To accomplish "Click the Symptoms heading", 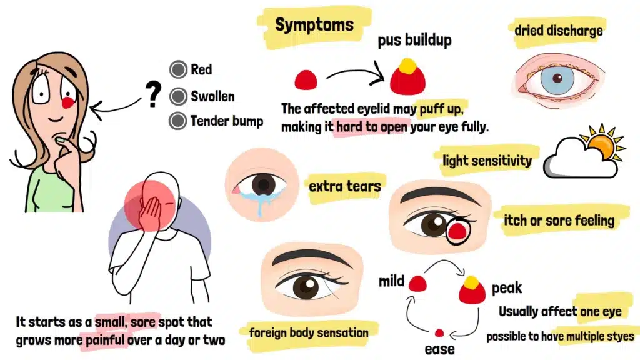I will (x=314, y=26).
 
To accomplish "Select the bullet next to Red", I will (x=179, y=69).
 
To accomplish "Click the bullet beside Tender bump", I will (x=179, y=121).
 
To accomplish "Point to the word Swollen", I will (x=212, y=96).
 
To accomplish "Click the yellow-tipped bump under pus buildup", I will (x=407, y=76).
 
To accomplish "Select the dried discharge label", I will (x=558, y=29).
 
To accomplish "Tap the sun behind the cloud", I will (x=601, y=146).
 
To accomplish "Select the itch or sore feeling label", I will (x=558, y=220).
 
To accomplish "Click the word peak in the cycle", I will (x=506, y=289).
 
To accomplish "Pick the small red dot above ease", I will (x=439, y=333).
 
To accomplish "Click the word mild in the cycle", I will (x=392, y=281).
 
